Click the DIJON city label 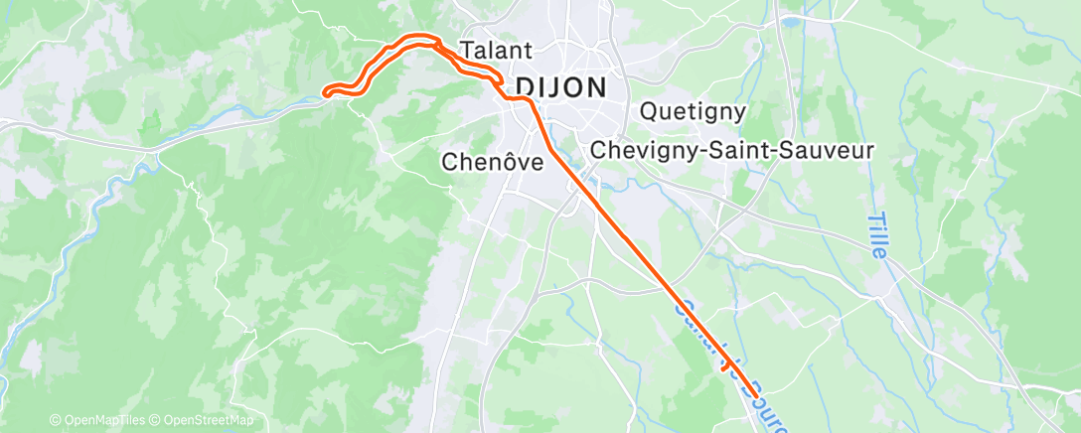point(559,86)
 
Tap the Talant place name point(497,50)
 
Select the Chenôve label point(493,161)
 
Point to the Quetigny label point(694,111)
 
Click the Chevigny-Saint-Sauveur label point(731,150)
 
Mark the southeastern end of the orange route point(756,395)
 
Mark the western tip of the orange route point(326,94)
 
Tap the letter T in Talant point(466,50)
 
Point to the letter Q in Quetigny point(650,111)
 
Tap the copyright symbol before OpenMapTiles point(56,420)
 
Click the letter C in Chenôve point(449,161)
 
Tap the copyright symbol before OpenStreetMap point(156,420)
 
